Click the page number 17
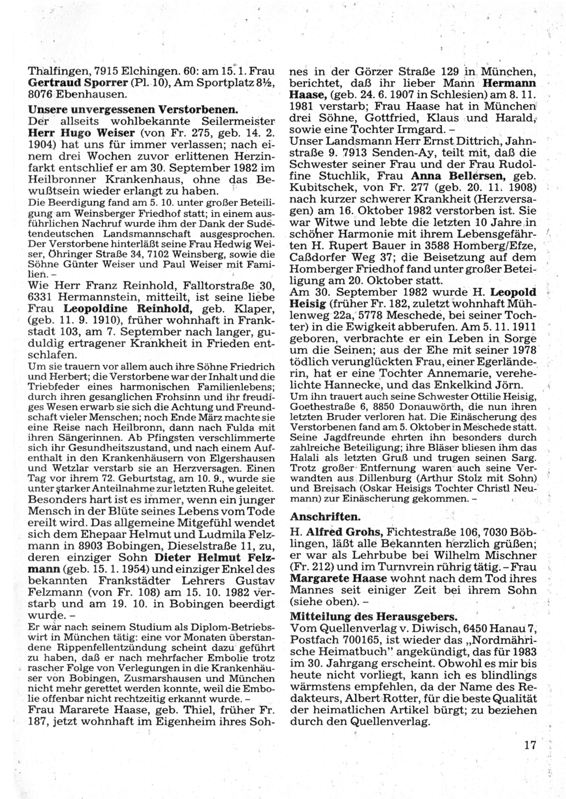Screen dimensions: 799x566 coord(529,745)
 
